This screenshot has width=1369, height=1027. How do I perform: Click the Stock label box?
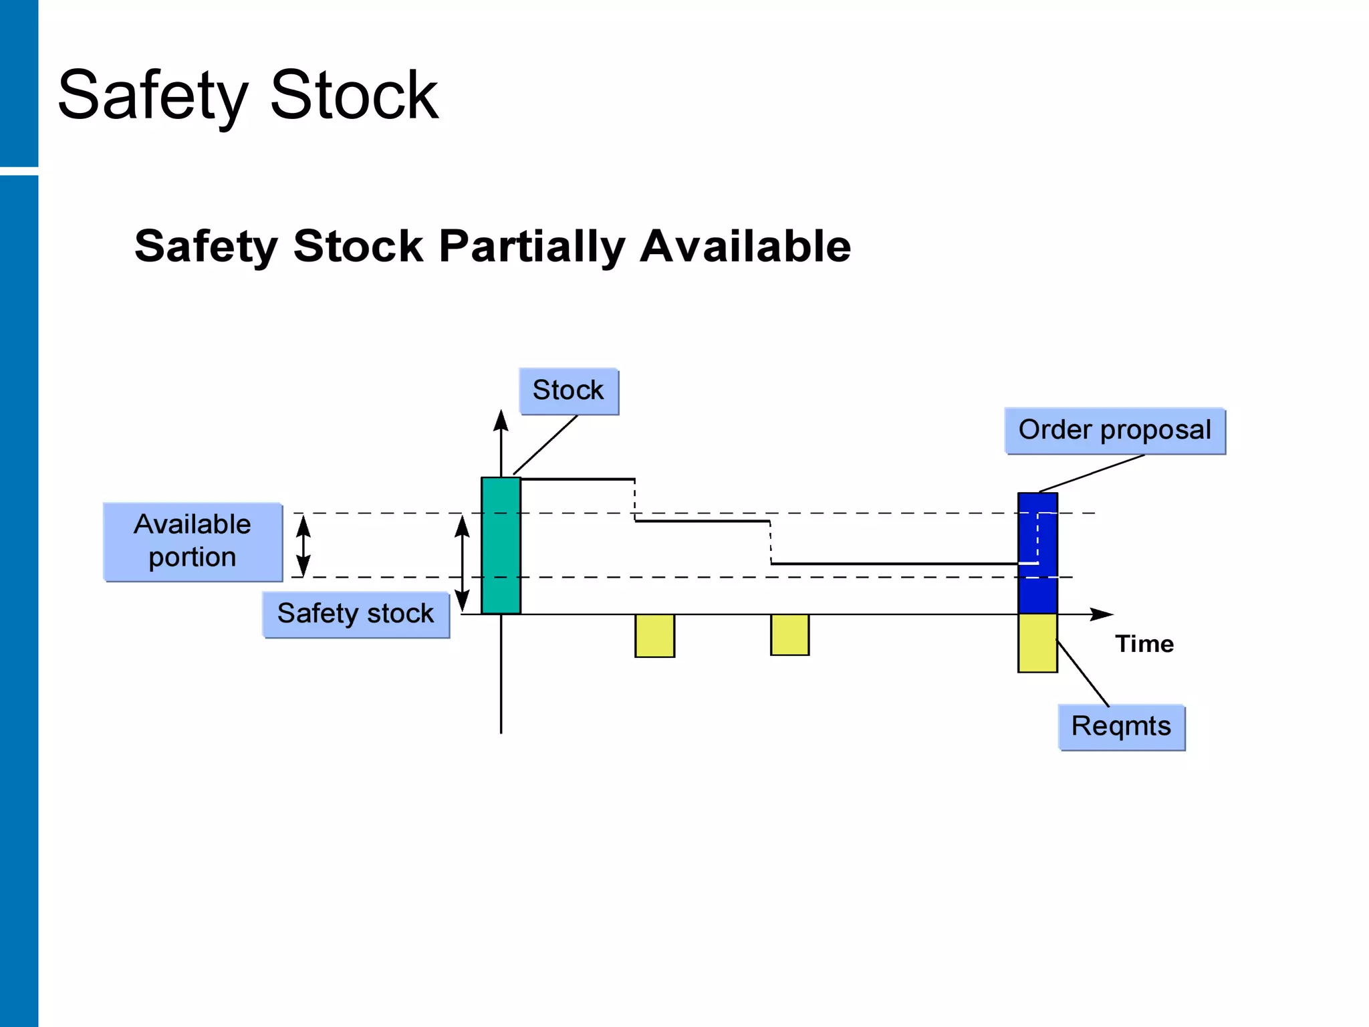point(568,391)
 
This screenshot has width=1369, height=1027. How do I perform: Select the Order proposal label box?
point(1114,431)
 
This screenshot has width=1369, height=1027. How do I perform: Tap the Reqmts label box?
point(1121,727)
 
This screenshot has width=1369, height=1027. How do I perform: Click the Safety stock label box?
point(356,614)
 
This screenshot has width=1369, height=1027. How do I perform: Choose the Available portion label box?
point(193,542)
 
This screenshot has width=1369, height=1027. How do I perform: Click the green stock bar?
point(501,545)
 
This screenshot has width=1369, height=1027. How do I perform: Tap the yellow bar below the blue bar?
point(1037,643)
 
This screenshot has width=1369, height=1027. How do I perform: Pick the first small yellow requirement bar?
point(654,635)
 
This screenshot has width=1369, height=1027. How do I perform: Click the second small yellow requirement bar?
point(789,635)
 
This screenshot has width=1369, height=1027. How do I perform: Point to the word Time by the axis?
point(1144,644)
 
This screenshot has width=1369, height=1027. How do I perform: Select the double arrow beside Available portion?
point(303,545)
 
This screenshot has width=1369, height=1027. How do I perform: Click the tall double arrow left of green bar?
point(462,563)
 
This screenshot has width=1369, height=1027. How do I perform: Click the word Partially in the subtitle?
point(531,246)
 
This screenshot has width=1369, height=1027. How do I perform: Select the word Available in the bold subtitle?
point(745,246)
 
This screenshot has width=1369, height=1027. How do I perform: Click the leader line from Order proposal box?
point(1092,473)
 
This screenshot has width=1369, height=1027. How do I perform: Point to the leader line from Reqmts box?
point(1083,673)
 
